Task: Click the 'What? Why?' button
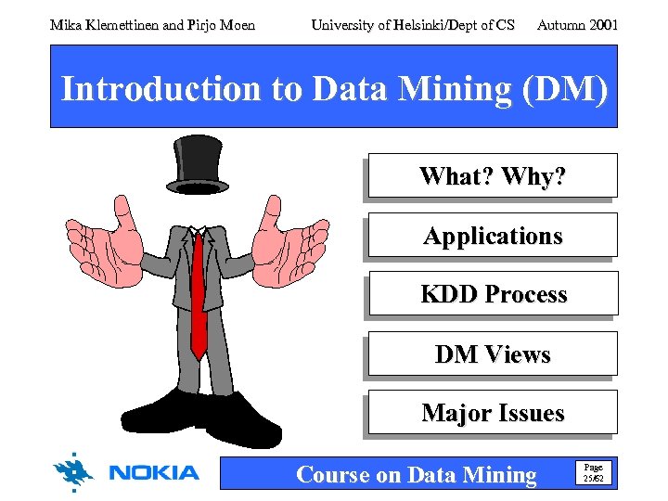493,176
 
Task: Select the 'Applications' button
493,236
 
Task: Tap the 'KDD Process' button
493,294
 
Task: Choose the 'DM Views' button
493,354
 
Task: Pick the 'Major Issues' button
493,413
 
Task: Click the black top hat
199,163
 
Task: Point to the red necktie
199,297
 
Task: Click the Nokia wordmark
154,473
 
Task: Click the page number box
591,473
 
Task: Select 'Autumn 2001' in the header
577,25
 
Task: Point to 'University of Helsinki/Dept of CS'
413,25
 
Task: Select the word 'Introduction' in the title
161,89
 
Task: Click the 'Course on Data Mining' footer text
416,475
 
